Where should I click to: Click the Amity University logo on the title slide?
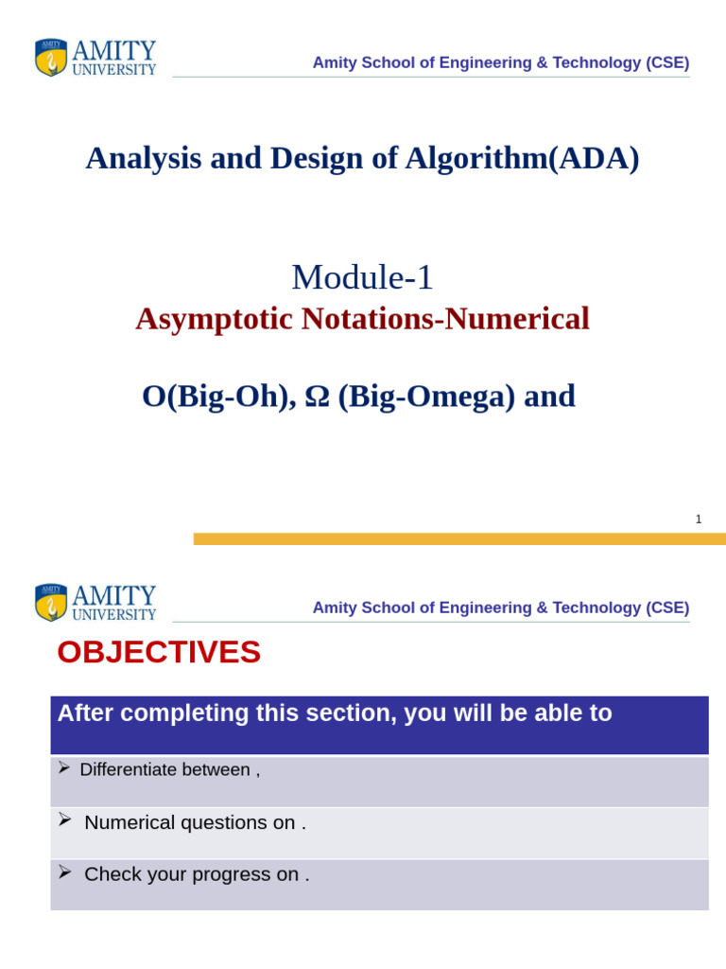(95, 58)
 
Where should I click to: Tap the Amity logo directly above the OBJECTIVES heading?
(95, 603)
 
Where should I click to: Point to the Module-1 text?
(362, 277)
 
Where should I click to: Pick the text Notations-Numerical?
(445, 319)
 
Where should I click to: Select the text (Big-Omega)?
(426, 396)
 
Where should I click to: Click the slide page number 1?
(699, 520)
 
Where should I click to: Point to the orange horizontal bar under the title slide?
(459, 538)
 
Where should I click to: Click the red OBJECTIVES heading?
(159, 652)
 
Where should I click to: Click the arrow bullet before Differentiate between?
(63, 767)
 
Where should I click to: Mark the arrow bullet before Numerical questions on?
(64, 819)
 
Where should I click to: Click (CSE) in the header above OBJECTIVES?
(667, 608)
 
